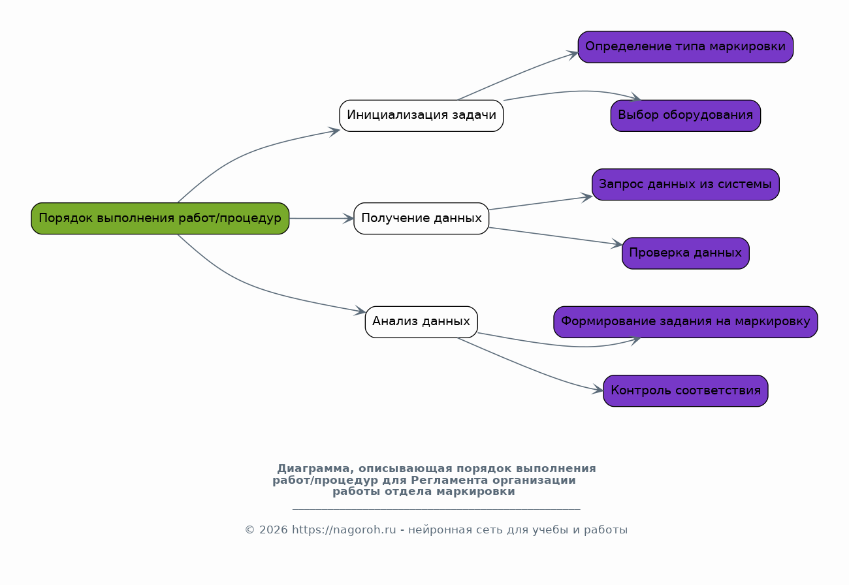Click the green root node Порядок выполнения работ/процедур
coord(160,219)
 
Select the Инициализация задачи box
coord(421,116)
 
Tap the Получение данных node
coord(421,219)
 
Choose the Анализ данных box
coord(421,322)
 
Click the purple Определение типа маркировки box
coord(685,47)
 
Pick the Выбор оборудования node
coord(685,116)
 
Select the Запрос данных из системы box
coord(685,185)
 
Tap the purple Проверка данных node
coord(685,253)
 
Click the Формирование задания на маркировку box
coord(685,322)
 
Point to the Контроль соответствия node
coord(685,390)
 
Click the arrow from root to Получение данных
coord(321,219)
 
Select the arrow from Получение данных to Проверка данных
coord(555,236)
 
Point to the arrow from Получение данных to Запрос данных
coord(541,203)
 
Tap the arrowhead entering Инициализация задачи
coord(334,131)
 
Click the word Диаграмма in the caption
coord(313,469)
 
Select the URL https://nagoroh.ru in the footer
coord(344,530)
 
